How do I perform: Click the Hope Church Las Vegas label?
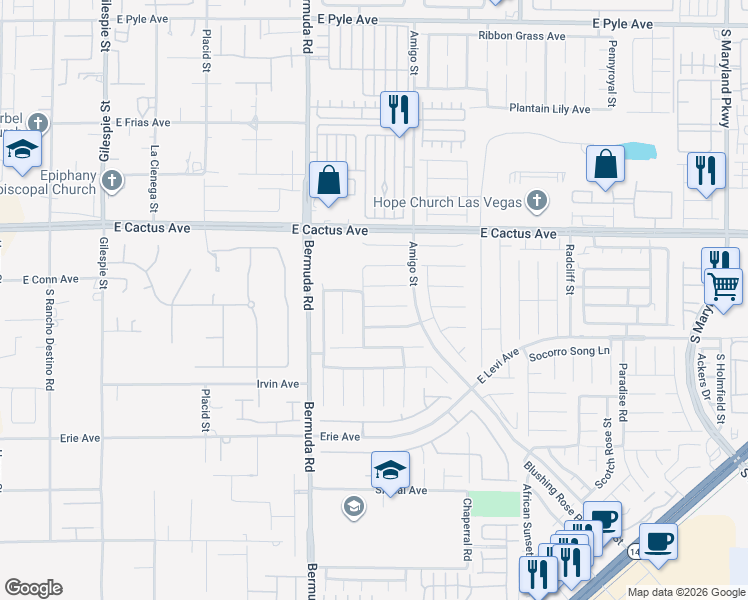point(448,202)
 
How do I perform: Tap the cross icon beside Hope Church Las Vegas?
point(537,202)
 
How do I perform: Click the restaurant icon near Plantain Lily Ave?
point(399,110)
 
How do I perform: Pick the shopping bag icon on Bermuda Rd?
point(328,181)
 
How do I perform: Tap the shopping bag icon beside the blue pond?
point(606,164)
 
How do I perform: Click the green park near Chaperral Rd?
point(490,504)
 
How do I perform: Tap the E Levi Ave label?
point(498,368)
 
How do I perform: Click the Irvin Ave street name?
point(278,384)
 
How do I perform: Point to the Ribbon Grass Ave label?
point(521,36)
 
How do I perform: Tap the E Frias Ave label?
point(143,122)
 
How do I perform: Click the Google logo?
point(33,588)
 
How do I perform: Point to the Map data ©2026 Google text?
point(685,592)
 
